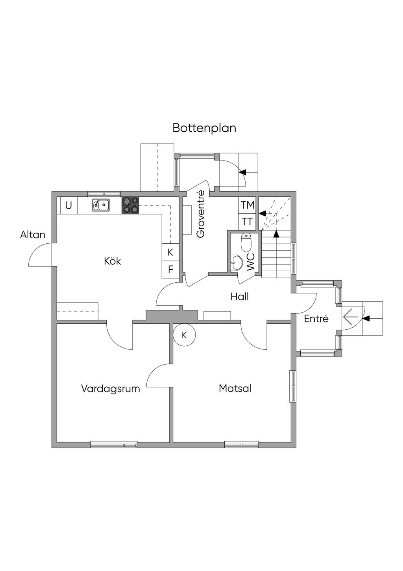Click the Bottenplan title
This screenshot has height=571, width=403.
tap(204, 128)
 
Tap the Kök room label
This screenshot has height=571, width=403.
tap(113, 261)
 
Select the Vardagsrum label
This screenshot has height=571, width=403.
tap(111, 388)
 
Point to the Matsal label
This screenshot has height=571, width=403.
tap(235, 388)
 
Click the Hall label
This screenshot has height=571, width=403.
tap(240, 297)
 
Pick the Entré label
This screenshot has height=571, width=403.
tap(316, 319)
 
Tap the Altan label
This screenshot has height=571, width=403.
tap(33, 235)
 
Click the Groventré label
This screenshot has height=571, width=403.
tap(201, 214)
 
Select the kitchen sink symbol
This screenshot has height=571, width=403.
tap(101, 205)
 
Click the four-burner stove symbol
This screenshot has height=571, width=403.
tap(130, 205)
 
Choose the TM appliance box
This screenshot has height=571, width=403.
tap(248, 205)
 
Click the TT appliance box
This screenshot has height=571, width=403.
tap(248, 222)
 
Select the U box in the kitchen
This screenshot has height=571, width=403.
tap(68, 205)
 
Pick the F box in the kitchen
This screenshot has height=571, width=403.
tap(170, 270)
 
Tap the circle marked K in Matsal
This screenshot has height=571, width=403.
tap(184, 335)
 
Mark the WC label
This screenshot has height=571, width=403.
tap(251, 262)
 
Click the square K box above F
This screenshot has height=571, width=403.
tap(170, 252)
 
